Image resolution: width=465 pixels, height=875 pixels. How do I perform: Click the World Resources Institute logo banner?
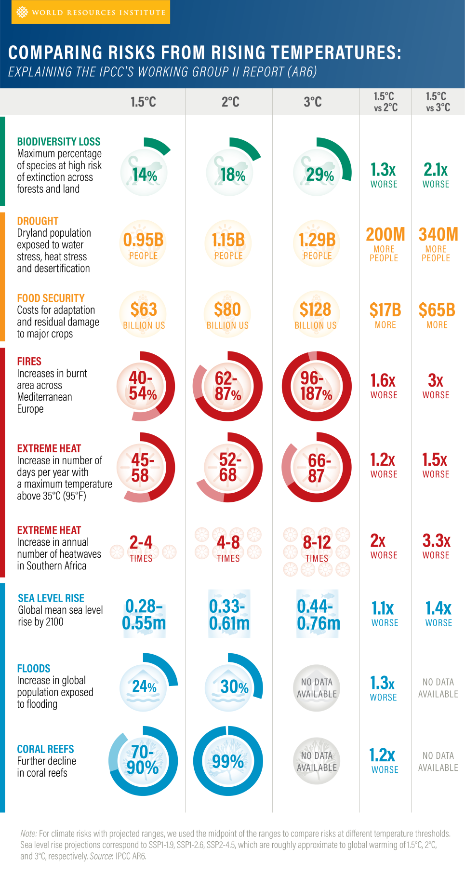(91, 12)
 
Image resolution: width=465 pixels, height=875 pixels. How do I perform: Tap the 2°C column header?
(230, 102)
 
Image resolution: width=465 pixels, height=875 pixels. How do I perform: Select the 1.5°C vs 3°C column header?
(438, 102)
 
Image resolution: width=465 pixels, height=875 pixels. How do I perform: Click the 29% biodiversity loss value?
(319, 175)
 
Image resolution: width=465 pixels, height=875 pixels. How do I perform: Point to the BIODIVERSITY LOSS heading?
(59, 142)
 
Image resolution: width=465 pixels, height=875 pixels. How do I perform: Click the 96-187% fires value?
(317, 386)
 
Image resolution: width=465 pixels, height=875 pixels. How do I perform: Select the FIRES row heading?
(29, 362)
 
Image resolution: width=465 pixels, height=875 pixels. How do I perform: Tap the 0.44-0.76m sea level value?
(318, 614)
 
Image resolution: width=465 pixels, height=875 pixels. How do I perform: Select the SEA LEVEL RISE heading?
(51, 598)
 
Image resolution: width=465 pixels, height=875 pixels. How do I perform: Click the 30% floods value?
(234, 687)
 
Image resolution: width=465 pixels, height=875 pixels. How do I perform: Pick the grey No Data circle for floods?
(317, 688)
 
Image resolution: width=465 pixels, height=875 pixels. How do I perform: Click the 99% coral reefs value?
(228, 761)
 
